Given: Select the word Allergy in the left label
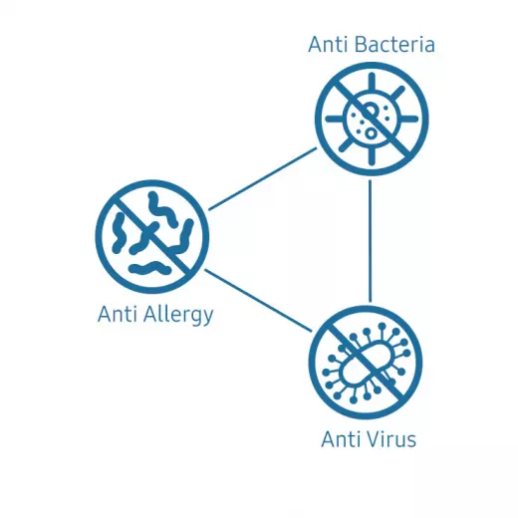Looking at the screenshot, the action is click(x=178, y=315).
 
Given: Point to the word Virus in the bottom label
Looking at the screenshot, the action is click(x=390, y=439).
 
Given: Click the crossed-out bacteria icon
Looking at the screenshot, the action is click(x=372, y=119).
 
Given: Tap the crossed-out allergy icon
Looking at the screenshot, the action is click(x=152, y=237).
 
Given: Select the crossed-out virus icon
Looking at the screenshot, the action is click(x=366, y=363).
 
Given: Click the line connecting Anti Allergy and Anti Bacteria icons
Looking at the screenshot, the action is click(x=263, y=179).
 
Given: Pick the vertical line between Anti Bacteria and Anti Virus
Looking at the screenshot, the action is click(x=371, y=241).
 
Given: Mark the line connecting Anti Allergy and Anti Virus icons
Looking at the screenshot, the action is click(x=258, y=300).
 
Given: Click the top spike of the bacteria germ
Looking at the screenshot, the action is click(x=372, y=83).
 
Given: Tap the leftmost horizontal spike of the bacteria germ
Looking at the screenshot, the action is click(x=335, y=119).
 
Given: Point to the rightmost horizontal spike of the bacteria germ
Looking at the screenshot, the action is click(x=408, y=119).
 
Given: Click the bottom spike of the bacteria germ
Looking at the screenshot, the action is click(x=372, y=155).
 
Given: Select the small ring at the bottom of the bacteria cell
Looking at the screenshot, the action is click(x=371, y=133).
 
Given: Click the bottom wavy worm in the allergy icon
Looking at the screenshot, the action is click(x=150, y=268).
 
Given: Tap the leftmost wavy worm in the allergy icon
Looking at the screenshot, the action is click(x=119, y=232).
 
